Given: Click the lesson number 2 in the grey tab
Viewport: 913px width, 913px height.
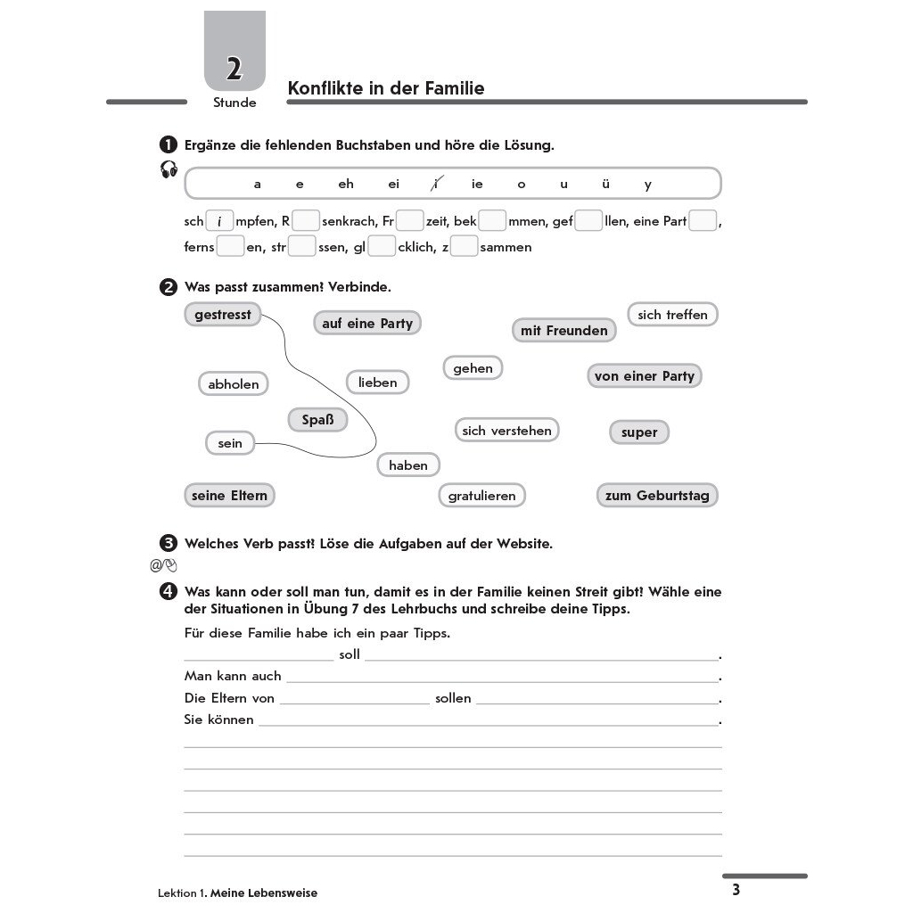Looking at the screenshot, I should pos(234,69).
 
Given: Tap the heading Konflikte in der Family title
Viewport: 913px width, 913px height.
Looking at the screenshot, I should pos(386,88).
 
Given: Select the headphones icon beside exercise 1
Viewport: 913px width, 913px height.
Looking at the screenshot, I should pos(169,169).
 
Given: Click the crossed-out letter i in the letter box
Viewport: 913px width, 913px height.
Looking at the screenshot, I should pos(435,185).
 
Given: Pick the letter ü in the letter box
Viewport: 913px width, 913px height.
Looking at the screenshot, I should pos(606,185).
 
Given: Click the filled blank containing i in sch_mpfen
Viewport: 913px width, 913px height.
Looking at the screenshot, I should pos(219,221).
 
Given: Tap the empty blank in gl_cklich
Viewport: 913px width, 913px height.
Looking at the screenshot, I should pos(382,247).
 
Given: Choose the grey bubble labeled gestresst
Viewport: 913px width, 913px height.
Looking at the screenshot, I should pos(223,315).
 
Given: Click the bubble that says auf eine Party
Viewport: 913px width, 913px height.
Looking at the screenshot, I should pos(367,323).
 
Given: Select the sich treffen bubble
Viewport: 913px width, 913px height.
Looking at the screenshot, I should pos(672,315).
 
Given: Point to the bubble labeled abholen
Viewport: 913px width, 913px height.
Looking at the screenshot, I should pos(234,384).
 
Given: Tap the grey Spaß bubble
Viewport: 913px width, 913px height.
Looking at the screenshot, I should pos(317,419).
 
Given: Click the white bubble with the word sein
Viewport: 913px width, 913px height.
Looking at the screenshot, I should pos(230,443).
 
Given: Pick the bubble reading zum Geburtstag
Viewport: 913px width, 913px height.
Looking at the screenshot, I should pos(657,496).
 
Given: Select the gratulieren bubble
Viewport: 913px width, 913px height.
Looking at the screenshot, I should pos(482,496).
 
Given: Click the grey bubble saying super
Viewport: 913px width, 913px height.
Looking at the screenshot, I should pos(639,432).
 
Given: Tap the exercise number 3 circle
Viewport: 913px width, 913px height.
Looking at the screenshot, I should pos(167,543).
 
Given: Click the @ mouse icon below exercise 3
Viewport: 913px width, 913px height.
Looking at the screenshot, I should pos(164,564).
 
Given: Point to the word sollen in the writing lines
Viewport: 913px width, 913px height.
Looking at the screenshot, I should pos(453,698).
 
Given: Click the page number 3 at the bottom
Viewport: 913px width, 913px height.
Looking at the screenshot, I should pos(736,890).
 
